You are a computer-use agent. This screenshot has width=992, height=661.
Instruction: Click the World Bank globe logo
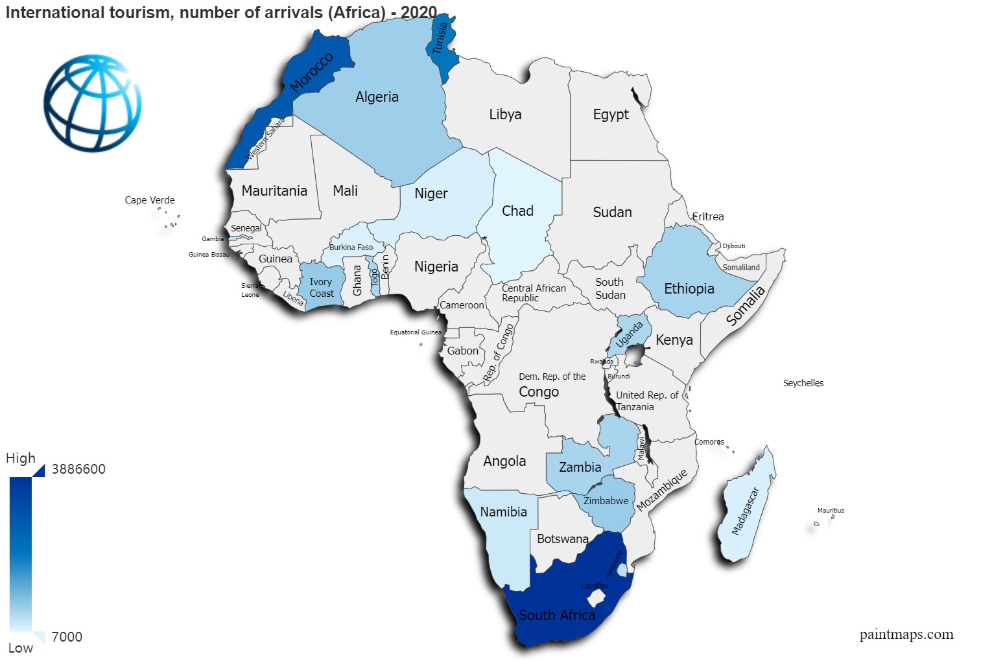(92, 103)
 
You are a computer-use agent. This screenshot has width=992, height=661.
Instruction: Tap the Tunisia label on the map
(440, 38)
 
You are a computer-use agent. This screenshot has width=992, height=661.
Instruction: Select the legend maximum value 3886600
(78, 469)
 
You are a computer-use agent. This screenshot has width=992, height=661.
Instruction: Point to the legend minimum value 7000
(67, 637)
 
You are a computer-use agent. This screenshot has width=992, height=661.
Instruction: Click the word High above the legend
(21, 458)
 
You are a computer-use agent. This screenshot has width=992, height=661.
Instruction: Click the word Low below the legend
(21, 648)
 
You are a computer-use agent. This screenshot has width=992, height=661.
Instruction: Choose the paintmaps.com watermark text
(906, 634)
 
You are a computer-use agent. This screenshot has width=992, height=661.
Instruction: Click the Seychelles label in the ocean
(803, 383)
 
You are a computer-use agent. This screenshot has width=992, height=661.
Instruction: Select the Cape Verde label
(150, 200)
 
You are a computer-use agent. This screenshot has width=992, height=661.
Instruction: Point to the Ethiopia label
(689, 289)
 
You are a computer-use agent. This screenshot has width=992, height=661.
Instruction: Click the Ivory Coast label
(321, 288)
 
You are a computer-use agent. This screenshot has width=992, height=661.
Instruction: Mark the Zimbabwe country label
(606, 501)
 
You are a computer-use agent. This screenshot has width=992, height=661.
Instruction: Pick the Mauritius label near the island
(831, 511)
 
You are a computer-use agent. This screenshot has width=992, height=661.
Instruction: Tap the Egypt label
(611, 115)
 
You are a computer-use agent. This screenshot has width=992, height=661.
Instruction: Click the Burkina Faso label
(351, 248)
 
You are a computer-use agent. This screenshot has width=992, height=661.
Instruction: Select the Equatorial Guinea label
(415, 332)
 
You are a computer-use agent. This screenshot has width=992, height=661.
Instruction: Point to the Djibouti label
(734, 246)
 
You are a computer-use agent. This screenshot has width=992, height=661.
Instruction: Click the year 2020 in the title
(419, 12)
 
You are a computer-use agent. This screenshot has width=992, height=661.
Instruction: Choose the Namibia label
(503, 512)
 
